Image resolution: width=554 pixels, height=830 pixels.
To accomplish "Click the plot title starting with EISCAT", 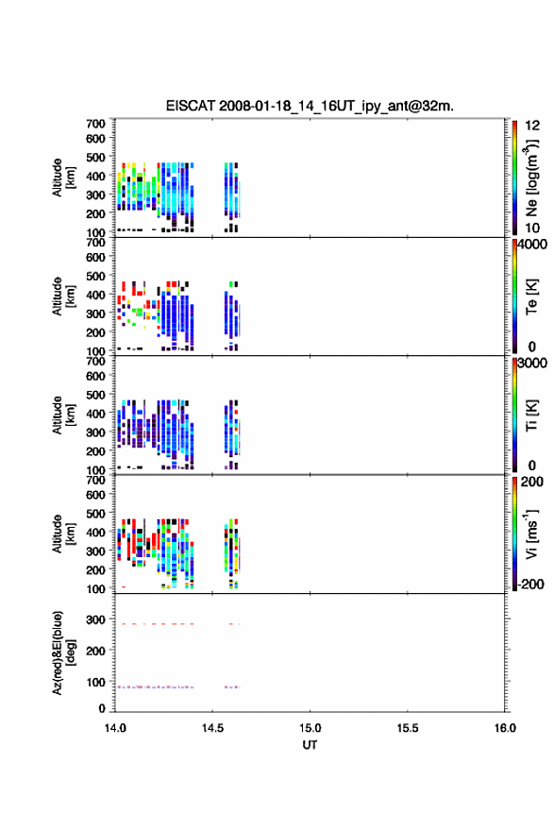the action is [310, 106].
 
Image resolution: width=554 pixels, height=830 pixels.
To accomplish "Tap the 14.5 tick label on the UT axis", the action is [212, 728].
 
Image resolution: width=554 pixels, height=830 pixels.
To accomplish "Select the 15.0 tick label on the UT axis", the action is [310, 728].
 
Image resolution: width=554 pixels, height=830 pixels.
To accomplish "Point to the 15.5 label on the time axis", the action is [407, 728].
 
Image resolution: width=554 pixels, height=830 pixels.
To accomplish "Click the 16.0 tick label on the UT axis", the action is [505, 728].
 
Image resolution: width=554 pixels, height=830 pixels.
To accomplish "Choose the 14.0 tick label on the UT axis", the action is [115, 728].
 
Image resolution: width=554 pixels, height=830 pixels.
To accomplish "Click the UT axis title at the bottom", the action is [310, 745].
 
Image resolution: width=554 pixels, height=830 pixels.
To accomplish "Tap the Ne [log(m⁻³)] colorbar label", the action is [531, 178].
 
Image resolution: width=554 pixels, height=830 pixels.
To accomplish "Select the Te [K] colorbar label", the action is [531, 296].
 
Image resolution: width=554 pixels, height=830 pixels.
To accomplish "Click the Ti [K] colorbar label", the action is [531, 415].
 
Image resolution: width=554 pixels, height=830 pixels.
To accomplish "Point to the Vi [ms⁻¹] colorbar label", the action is [531, 534].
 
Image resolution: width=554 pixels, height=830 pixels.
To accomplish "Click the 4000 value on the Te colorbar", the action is [532, 245].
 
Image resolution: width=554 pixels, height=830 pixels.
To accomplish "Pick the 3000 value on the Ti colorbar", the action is [532, 364].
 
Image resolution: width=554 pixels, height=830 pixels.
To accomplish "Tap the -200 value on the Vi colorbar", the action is [530, 584].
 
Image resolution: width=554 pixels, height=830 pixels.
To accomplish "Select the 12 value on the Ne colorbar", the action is [532, 126].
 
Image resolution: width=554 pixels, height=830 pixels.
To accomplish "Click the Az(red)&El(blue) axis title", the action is [63, 652].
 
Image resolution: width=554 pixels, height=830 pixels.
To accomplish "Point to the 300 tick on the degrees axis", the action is [95, 619].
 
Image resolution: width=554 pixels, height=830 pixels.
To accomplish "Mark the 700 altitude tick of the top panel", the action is [95, 124].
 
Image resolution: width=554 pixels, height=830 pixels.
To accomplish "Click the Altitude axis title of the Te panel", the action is [63, 296].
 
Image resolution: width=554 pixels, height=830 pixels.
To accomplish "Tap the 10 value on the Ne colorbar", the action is [532, 229].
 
